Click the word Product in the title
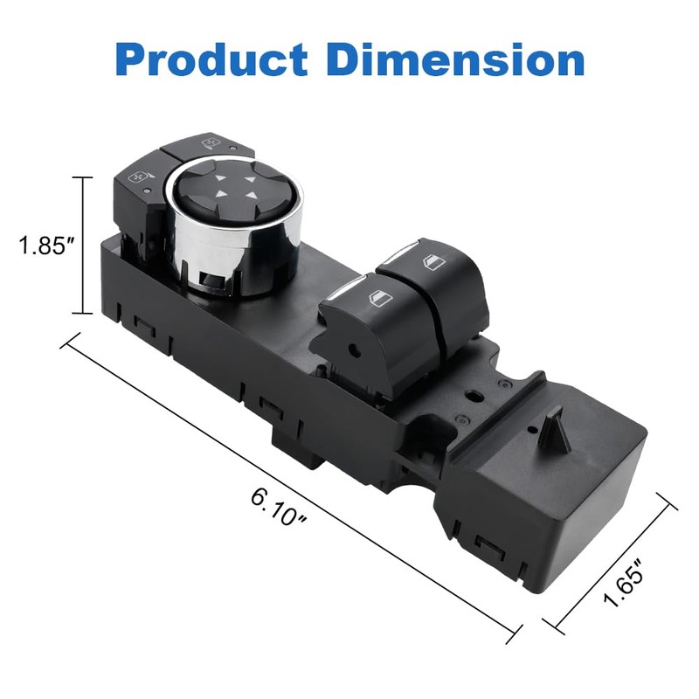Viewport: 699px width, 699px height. (211, 59)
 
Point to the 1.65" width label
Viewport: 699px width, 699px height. (624, 582)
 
